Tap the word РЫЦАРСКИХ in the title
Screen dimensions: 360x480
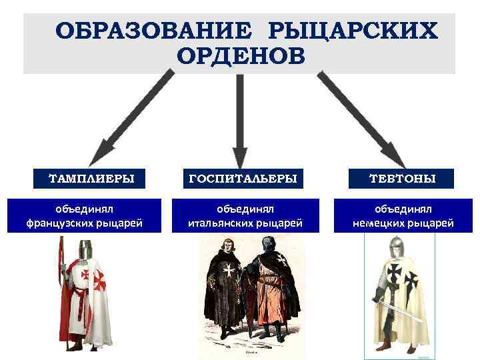[x=353, y=31]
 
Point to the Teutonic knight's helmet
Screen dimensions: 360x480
[x=398, y=247]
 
